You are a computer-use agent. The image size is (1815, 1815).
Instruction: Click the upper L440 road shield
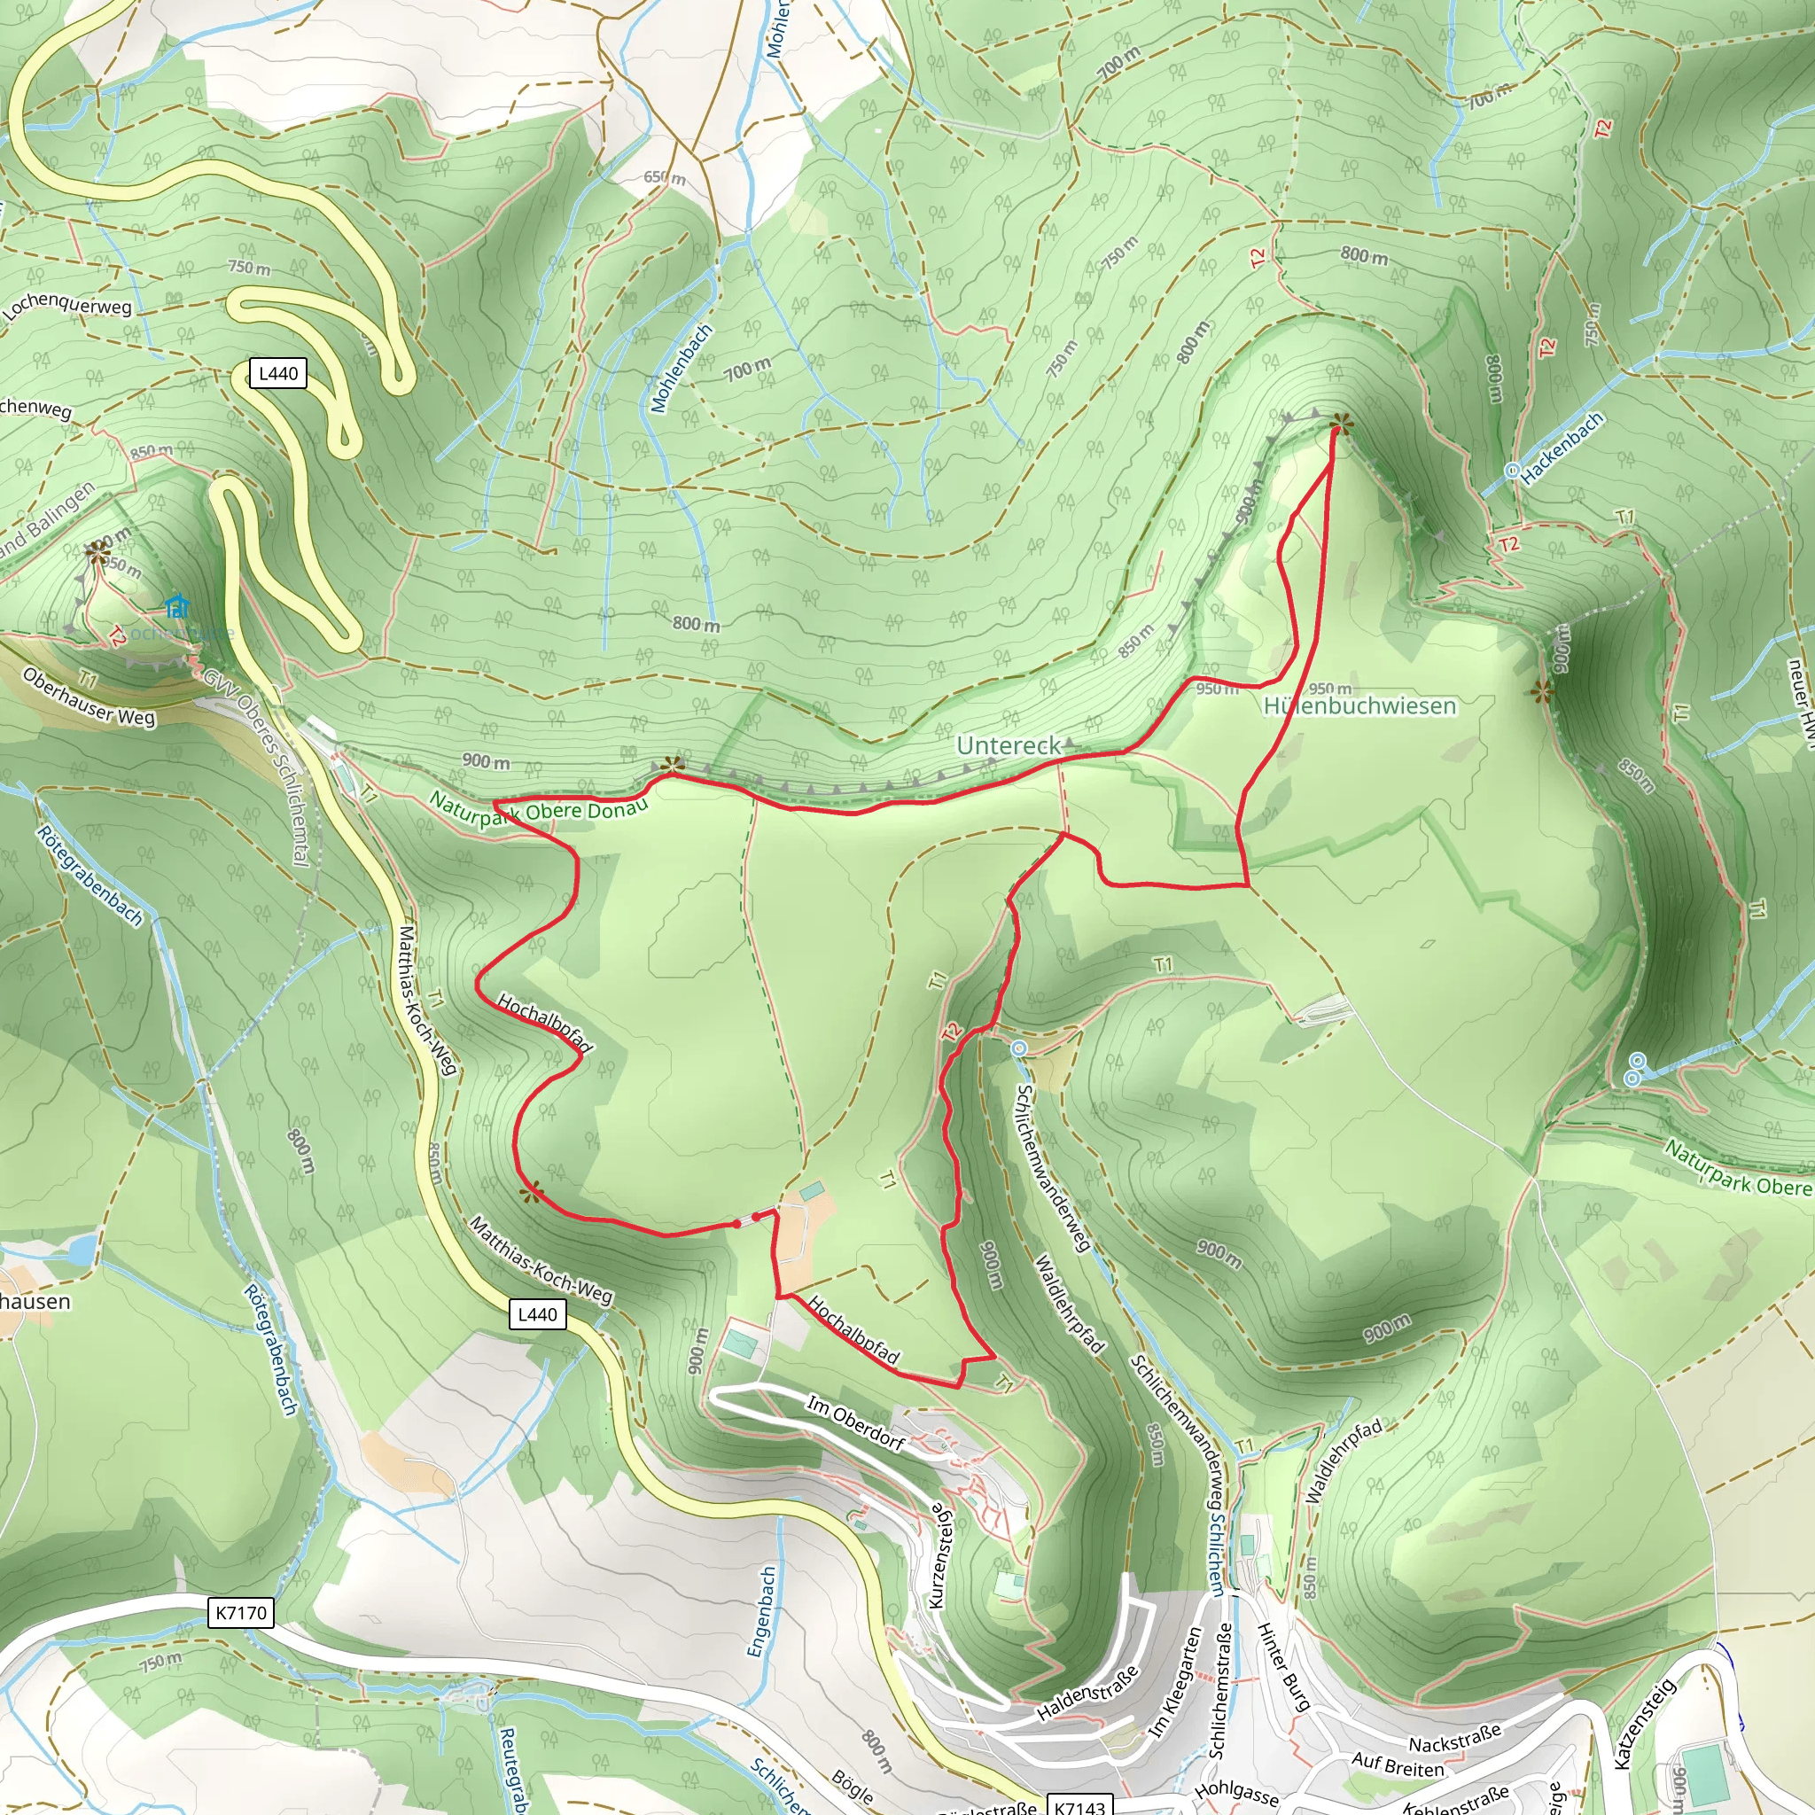point(278,373)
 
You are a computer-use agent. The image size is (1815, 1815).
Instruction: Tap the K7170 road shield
point(241,1613)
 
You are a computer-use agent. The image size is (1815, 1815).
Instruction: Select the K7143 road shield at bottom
point(1079,1806)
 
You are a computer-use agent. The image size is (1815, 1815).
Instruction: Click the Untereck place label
point(1008,746)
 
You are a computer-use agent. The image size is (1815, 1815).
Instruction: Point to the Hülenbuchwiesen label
point(1359,705)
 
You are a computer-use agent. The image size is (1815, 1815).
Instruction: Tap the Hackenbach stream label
point(1562,449)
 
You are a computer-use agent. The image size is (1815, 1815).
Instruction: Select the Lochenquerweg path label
point(66,307)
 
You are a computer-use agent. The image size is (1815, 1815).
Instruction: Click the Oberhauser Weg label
point(90,697)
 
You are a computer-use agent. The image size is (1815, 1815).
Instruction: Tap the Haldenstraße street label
point(1088,1693)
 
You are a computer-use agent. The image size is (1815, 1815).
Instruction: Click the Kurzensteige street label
point(940,1554)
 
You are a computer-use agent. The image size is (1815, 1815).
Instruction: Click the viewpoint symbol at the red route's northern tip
point(1341,425)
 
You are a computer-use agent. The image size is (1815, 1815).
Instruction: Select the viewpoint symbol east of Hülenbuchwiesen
point(1540,693)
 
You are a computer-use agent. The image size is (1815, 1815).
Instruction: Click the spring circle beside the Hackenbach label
point(1513,471)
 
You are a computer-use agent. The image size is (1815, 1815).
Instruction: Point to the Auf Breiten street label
point(1397,1765)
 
